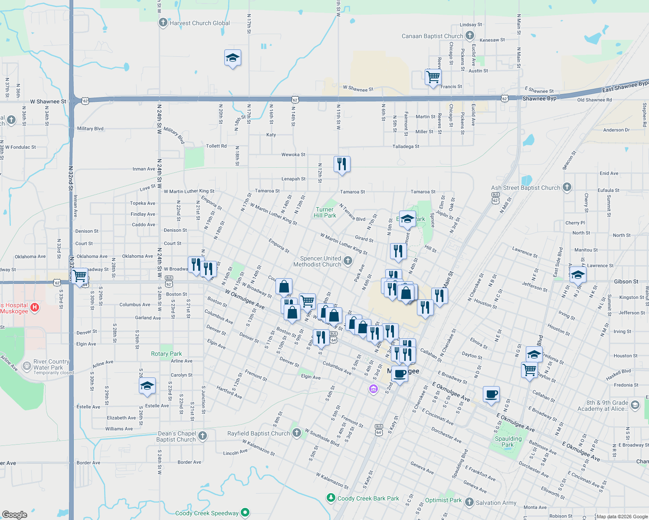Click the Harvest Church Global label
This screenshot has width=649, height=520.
[x=200, y=23]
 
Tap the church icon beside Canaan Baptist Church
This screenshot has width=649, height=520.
[x=469, y=36]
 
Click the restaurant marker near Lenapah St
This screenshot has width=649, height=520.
[x=342, y=164]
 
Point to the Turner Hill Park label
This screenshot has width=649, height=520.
[x=325, y=212]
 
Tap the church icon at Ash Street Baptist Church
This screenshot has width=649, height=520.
[x=567, y=187]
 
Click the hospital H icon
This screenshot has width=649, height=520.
[x=35, y=308]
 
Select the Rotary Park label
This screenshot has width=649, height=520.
[x=167, y=354]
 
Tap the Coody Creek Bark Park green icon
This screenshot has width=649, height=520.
[x=331, y=497]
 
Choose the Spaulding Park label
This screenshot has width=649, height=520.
[x=508, y=442]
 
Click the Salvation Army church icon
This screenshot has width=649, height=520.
[x=469, y=502]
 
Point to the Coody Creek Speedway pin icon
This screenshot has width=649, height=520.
[x=245, y=513]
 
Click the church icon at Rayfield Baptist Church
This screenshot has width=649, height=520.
[x=296, y=432]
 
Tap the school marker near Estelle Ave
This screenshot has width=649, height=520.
[x=147, y=386]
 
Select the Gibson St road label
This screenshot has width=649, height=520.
[x=626, y=282]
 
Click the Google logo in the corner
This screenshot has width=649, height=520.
[x=15, y=515]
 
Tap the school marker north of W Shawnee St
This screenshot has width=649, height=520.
[x=233, y=58]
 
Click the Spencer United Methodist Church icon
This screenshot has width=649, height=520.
[x=347, y=260]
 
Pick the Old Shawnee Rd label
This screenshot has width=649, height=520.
[x=594, y=100]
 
